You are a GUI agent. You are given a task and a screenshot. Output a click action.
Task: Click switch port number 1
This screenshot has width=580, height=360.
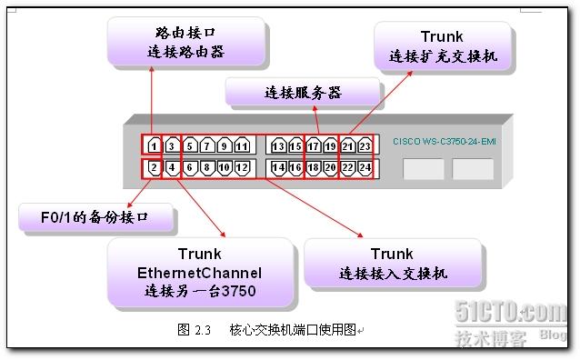coord(154,145)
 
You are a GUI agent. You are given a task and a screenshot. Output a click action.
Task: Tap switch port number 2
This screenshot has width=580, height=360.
coord(154,168)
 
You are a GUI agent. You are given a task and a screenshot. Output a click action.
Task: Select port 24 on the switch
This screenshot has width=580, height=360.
coord(365,168)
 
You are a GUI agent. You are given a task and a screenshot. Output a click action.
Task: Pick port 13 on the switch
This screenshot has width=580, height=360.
coord(278,145)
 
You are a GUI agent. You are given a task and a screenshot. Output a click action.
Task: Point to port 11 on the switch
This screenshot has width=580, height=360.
coord(241,145)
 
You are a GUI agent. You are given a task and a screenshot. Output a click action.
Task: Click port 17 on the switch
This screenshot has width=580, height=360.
coord(313,145)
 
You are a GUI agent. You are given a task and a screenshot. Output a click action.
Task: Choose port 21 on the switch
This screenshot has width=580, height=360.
coord(347,145)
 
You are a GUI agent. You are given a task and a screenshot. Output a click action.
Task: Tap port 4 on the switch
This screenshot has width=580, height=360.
coord(172,168)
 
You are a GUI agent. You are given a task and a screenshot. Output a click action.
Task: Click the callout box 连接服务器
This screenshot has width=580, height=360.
coord(302,92)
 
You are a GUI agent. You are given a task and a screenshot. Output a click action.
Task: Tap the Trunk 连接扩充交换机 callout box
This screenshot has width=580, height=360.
coord(442,47)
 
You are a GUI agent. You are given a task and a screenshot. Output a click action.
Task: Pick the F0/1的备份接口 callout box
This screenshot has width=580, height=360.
coord(95,218)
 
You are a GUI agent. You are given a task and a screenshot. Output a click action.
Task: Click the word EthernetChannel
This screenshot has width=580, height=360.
coord(199,272)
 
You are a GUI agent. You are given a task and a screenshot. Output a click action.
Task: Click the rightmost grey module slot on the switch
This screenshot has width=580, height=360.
coord(473,169)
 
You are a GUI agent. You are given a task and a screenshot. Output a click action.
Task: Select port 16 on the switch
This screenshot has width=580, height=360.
coord(295,168)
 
